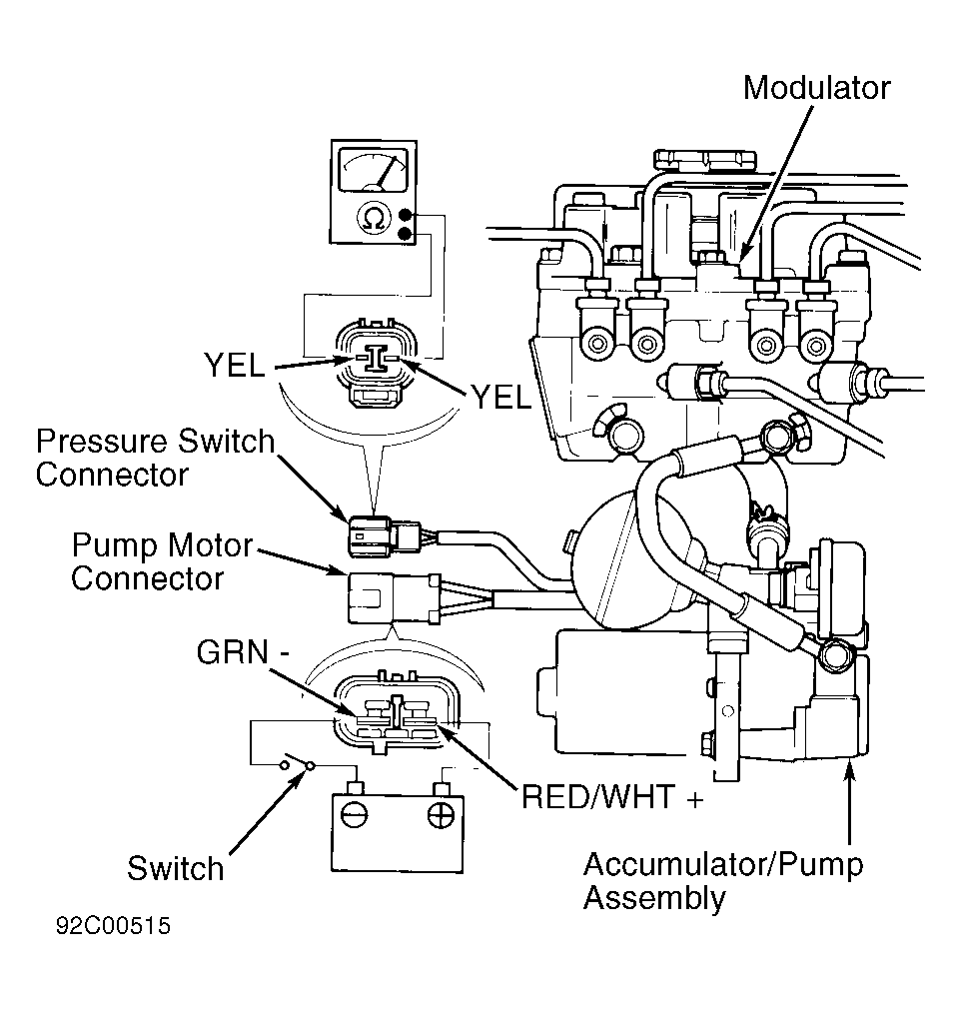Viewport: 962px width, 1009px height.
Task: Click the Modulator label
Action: [x=816, y=88]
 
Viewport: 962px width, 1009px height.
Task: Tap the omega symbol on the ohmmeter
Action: [x=374, y=219]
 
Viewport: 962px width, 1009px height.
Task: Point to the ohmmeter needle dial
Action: [x=374, y=170]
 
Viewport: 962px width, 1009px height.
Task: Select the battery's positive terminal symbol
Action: [x=441, y=816]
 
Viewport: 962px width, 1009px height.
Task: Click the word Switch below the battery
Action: [x=175, y=868]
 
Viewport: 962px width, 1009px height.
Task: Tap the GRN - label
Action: [x=243, y=652]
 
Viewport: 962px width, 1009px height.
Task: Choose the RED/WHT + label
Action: [x=612, y=796]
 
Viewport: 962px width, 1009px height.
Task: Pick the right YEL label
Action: [x=501, y=397]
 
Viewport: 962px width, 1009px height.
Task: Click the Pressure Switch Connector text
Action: [x=155, y=458]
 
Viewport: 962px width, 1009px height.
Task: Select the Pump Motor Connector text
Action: [x=162, y=561]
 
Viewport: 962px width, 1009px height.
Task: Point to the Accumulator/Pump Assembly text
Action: [x=723, y=880]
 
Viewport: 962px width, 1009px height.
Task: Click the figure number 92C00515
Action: [x=113, y=926]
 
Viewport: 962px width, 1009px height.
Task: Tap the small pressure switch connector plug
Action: [x=384, y=535]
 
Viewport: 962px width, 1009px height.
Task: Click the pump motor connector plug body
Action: [x=394, y=598]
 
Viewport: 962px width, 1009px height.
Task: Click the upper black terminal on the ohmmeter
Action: [x=405, y=215]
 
